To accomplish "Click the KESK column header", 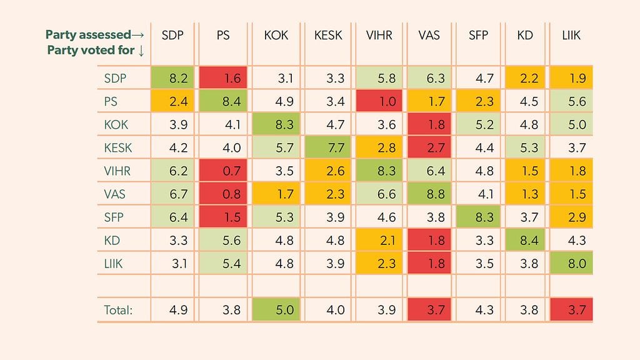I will point(328,36).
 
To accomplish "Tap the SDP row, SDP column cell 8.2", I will point(172,79).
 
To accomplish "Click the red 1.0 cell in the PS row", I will point(379,102).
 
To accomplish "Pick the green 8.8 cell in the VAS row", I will point(431,194).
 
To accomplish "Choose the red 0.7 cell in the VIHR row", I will point(223,171).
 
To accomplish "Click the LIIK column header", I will point(571,36).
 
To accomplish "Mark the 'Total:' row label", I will point(118,309).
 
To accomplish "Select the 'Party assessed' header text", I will point(95,35).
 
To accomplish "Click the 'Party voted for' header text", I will point(96,50).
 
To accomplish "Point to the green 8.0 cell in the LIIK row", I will point(571,263).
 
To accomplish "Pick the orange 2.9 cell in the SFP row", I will point(571,217).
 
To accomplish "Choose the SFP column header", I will point(478,36).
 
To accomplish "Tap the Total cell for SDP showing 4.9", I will point(172,309).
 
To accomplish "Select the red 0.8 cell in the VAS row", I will point(223,194).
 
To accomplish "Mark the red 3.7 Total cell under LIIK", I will point(571,309).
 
